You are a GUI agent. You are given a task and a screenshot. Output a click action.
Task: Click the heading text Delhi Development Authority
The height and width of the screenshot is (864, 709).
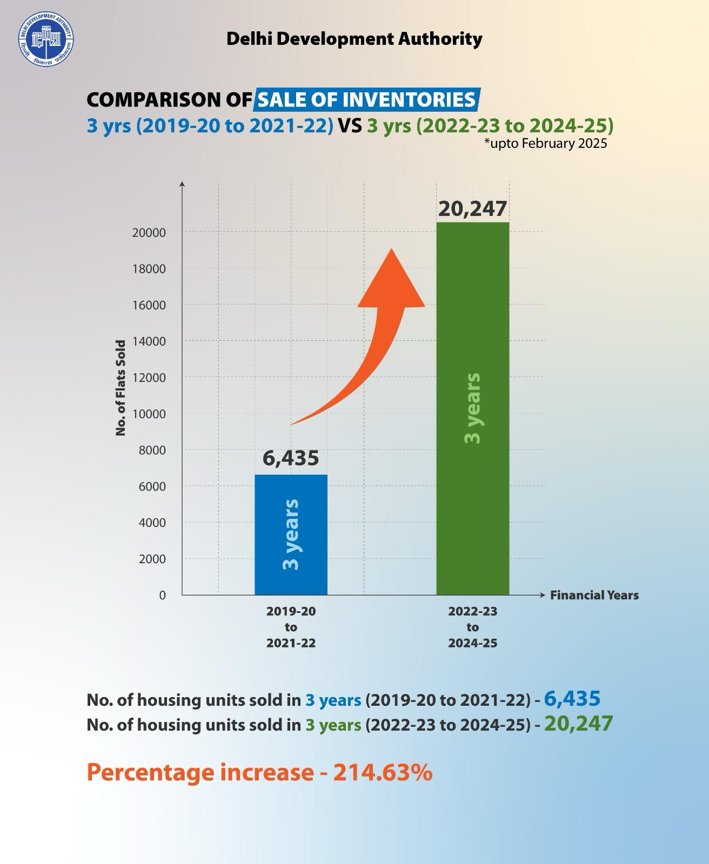(x=354, y=39)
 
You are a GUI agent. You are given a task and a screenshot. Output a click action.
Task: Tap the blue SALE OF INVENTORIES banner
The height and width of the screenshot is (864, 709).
(x=367, y=100)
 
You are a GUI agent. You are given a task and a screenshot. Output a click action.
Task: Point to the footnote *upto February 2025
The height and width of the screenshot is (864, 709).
(x=545, y=144)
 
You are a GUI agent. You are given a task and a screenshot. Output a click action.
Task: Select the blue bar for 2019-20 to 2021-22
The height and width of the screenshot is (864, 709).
(x=291, y=535)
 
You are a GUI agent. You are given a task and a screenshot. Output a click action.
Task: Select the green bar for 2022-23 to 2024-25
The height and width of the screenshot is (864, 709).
(x=472, y=408)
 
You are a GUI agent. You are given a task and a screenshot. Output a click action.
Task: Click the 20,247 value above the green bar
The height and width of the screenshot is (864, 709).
(x=472, y=208)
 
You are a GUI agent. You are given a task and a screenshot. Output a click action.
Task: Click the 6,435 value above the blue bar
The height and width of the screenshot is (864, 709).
(x=291, y=458)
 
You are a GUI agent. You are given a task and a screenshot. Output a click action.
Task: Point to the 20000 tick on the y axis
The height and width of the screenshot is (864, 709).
(x=149, y=233)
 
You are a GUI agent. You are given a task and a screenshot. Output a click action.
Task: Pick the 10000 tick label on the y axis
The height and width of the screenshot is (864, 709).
(x=149, y=414)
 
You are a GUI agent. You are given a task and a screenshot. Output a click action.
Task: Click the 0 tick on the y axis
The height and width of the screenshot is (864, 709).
(x=162, y=595)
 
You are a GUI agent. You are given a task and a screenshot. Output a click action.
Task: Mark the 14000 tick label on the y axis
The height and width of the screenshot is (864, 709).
(x=149, y=341)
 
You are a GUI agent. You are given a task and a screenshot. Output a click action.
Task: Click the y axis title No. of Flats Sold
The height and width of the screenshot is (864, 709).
(x=121, y=388)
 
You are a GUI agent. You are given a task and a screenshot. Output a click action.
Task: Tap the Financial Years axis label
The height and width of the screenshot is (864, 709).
(x=594, y=595)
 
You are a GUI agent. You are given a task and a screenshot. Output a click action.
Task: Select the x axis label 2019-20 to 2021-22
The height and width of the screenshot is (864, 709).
(x=291, y=627)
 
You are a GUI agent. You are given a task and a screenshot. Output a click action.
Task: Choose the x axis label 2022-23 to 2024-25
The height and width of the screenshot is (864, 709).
(x=472, y=627)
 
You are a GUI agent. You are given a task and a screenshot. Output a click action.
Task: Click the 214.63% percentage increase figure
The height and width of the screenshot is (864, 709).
(x=382, y=772)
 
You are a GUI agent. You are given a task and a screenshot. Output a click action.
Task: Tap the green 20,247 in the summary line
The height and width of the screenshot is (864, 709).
(x=578, y=724)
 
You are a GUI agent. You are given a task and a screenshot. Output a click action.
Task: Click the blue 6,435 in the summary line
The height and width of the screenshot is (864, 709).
(x=572, y=699)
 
